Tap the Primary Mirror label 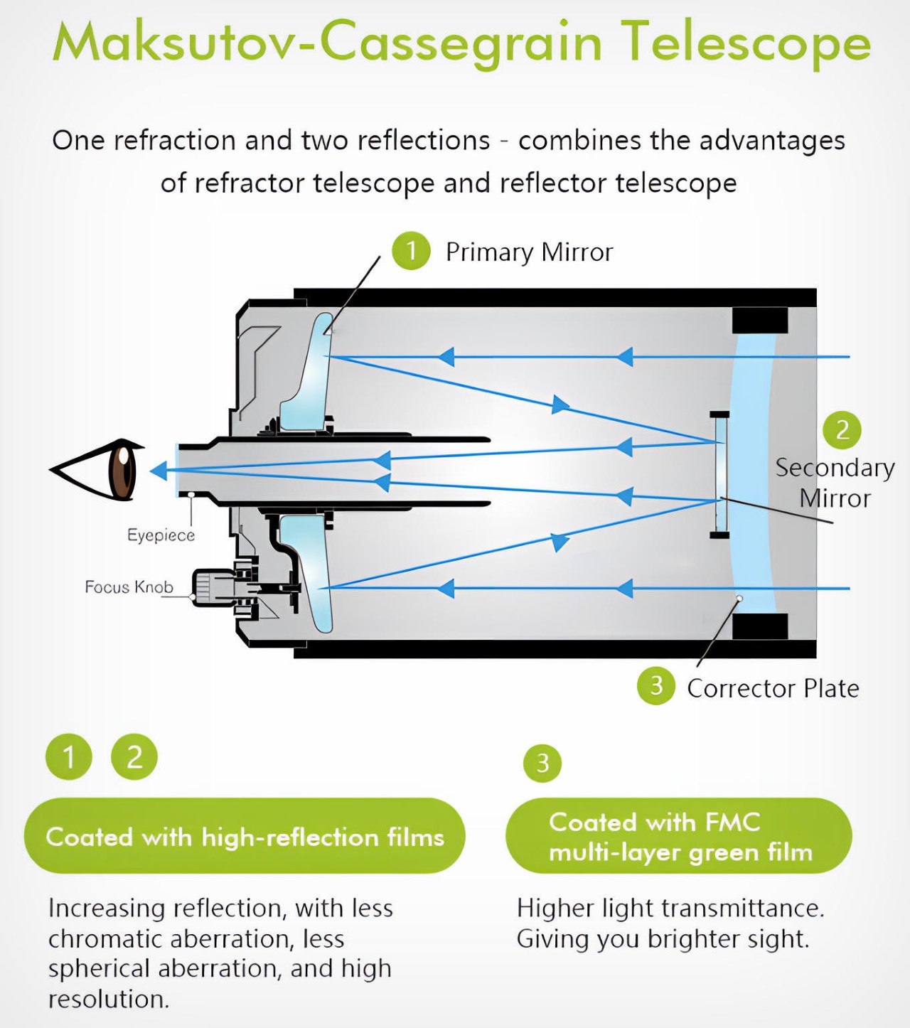click(x=529, y=252)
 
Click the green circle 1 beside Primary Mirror click(x=411, y=251)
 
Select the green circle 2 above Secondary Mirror click(x=842, y=430)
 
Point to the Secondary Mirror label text click(x=835, y=483)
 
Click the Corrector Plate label click(x=773, y=688)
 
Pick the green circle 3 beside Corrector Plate click(x=655, y=686)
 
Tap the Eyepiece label click(x=161, y=535)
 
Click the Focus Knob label click(x=129, y=587)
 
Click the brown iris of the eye click(x=122, y=470)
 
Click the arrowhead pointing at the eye click(x=159, y=471)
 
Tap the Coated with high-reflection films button click(x=245, y=836)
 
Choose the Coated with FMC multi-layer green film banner click(x=679, y=836)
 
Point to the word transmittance click(x=740, y=909)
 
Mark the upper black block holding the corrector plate click(x=760, y=320)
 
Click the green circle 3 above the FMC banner click(x=542, y=764)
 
